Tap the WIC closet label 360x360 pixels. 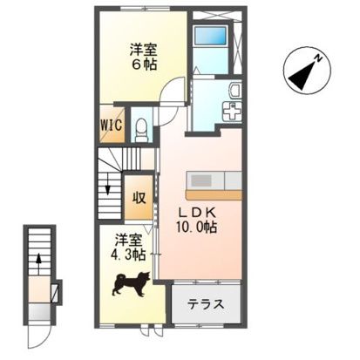[x=110, y=125]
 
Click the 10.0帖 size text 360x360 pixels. [x=200, y=227]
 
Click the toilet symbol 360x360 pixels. [x=142, y=127]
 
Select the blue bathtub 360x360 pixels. [x=210, y=37]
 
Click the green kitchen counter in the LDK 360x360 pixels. [x=214, y=181]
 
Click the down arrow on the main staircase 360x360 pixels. [x=107, y=184]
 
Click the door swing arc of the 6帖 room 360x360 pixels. [x=177, y=90]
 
